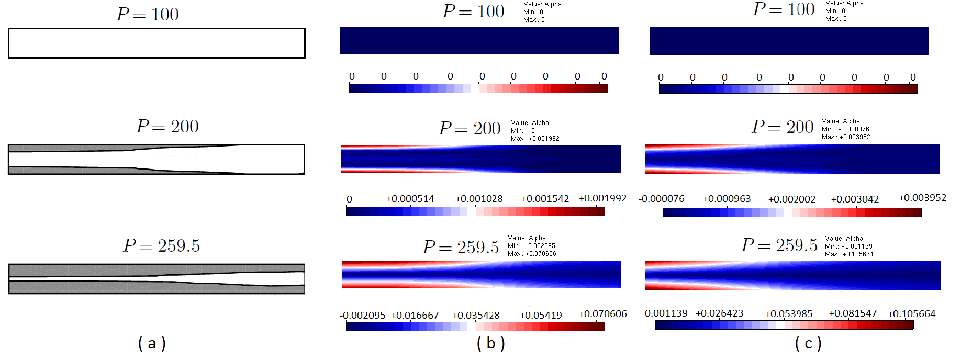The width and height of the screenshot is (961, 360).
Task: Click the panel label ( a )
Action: coord(152,343)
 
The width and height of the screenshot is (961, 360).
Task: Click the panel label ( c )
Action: coord(808,343)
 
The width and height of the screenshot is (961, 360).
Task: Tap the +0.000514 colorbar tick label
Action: coord(410,199)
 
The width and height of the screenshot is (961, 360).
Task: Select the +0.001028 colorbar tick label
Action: coord(479,199)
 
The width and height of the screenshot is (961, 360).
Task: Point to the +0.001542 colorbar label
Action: coord(545,199)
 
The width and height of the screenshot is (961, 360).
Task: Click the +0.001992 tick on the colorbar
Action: coord(602,198)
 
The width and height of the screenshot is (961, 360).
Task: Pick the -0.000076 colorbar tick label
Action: coord(662,199)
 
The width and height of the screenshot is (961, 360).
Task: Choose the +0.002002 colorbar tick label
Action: coord(791,199)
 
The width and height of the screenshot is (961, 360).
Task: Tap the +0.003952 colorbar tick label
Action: coord(922,198)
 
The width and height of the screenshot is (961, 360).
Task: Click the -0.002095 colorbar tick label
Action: coord(363,316)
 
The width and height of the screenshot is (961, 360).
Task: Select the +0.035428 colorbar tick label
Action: coord(476,316)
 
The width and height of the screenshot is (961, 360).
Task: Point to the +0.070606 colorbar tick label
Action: coord(602,314)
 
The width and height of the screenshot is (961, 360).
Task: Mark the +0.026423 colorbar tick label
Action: coord(719,313)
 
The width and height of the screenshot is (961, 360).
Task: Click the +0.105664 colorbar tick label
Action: coord(911,314)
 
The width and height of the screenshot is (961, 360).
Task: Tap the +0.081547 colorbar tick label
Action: coord(853,313)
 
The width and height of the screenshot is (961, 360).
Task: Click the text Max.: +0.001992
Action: coord(535,139)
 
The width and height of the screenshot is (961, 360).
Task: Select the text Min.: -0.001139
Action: coord(848,246)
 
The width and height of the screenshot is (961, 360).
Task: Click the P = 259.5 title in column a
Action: coord(162,245)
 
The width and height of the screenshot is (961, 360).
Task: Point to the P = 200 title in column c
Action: coord(783,127)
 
